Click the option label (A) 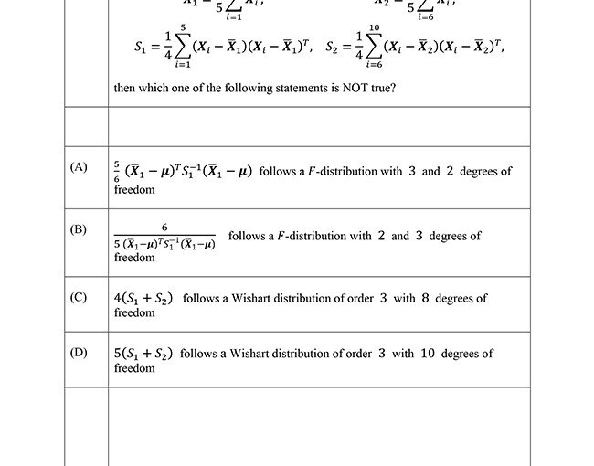pos(79,167)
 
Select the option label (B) pos(79,229)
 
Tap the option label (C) pos(79,298)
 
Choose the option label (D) pos(79,353)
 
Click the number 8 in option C pos(425,298)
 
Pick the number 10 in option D pos(428,353)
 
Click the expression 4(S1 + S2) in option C pos(145,298)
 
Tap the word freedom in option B pos(134,258)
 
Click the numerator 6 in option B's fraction pos(164,227)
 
